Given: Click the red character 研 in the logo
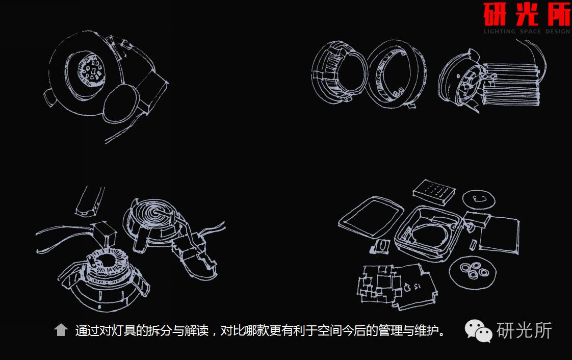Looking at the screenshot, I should click(496, 15).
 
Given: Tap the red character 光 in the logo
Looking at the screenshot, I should click(526, 15).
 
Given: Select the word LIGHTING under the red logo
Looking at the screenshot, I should click(500, 32).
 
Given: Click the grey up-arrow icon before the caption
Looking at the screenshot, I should click(61, 330).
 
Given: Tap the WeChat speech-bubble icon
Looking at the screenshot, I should click(477, 331).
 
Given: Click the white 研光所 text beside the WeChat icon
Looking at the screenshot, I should click(524, 330).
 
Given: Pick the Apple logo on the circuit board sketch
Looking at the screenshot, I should click(406, 287).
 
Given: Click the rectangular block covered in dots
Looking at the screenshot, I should click(433, 192).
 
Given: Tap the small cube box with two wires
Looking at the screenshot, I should click(106, 234).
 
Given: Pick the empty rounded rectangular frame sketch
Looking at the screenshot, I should click(370, 217).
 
